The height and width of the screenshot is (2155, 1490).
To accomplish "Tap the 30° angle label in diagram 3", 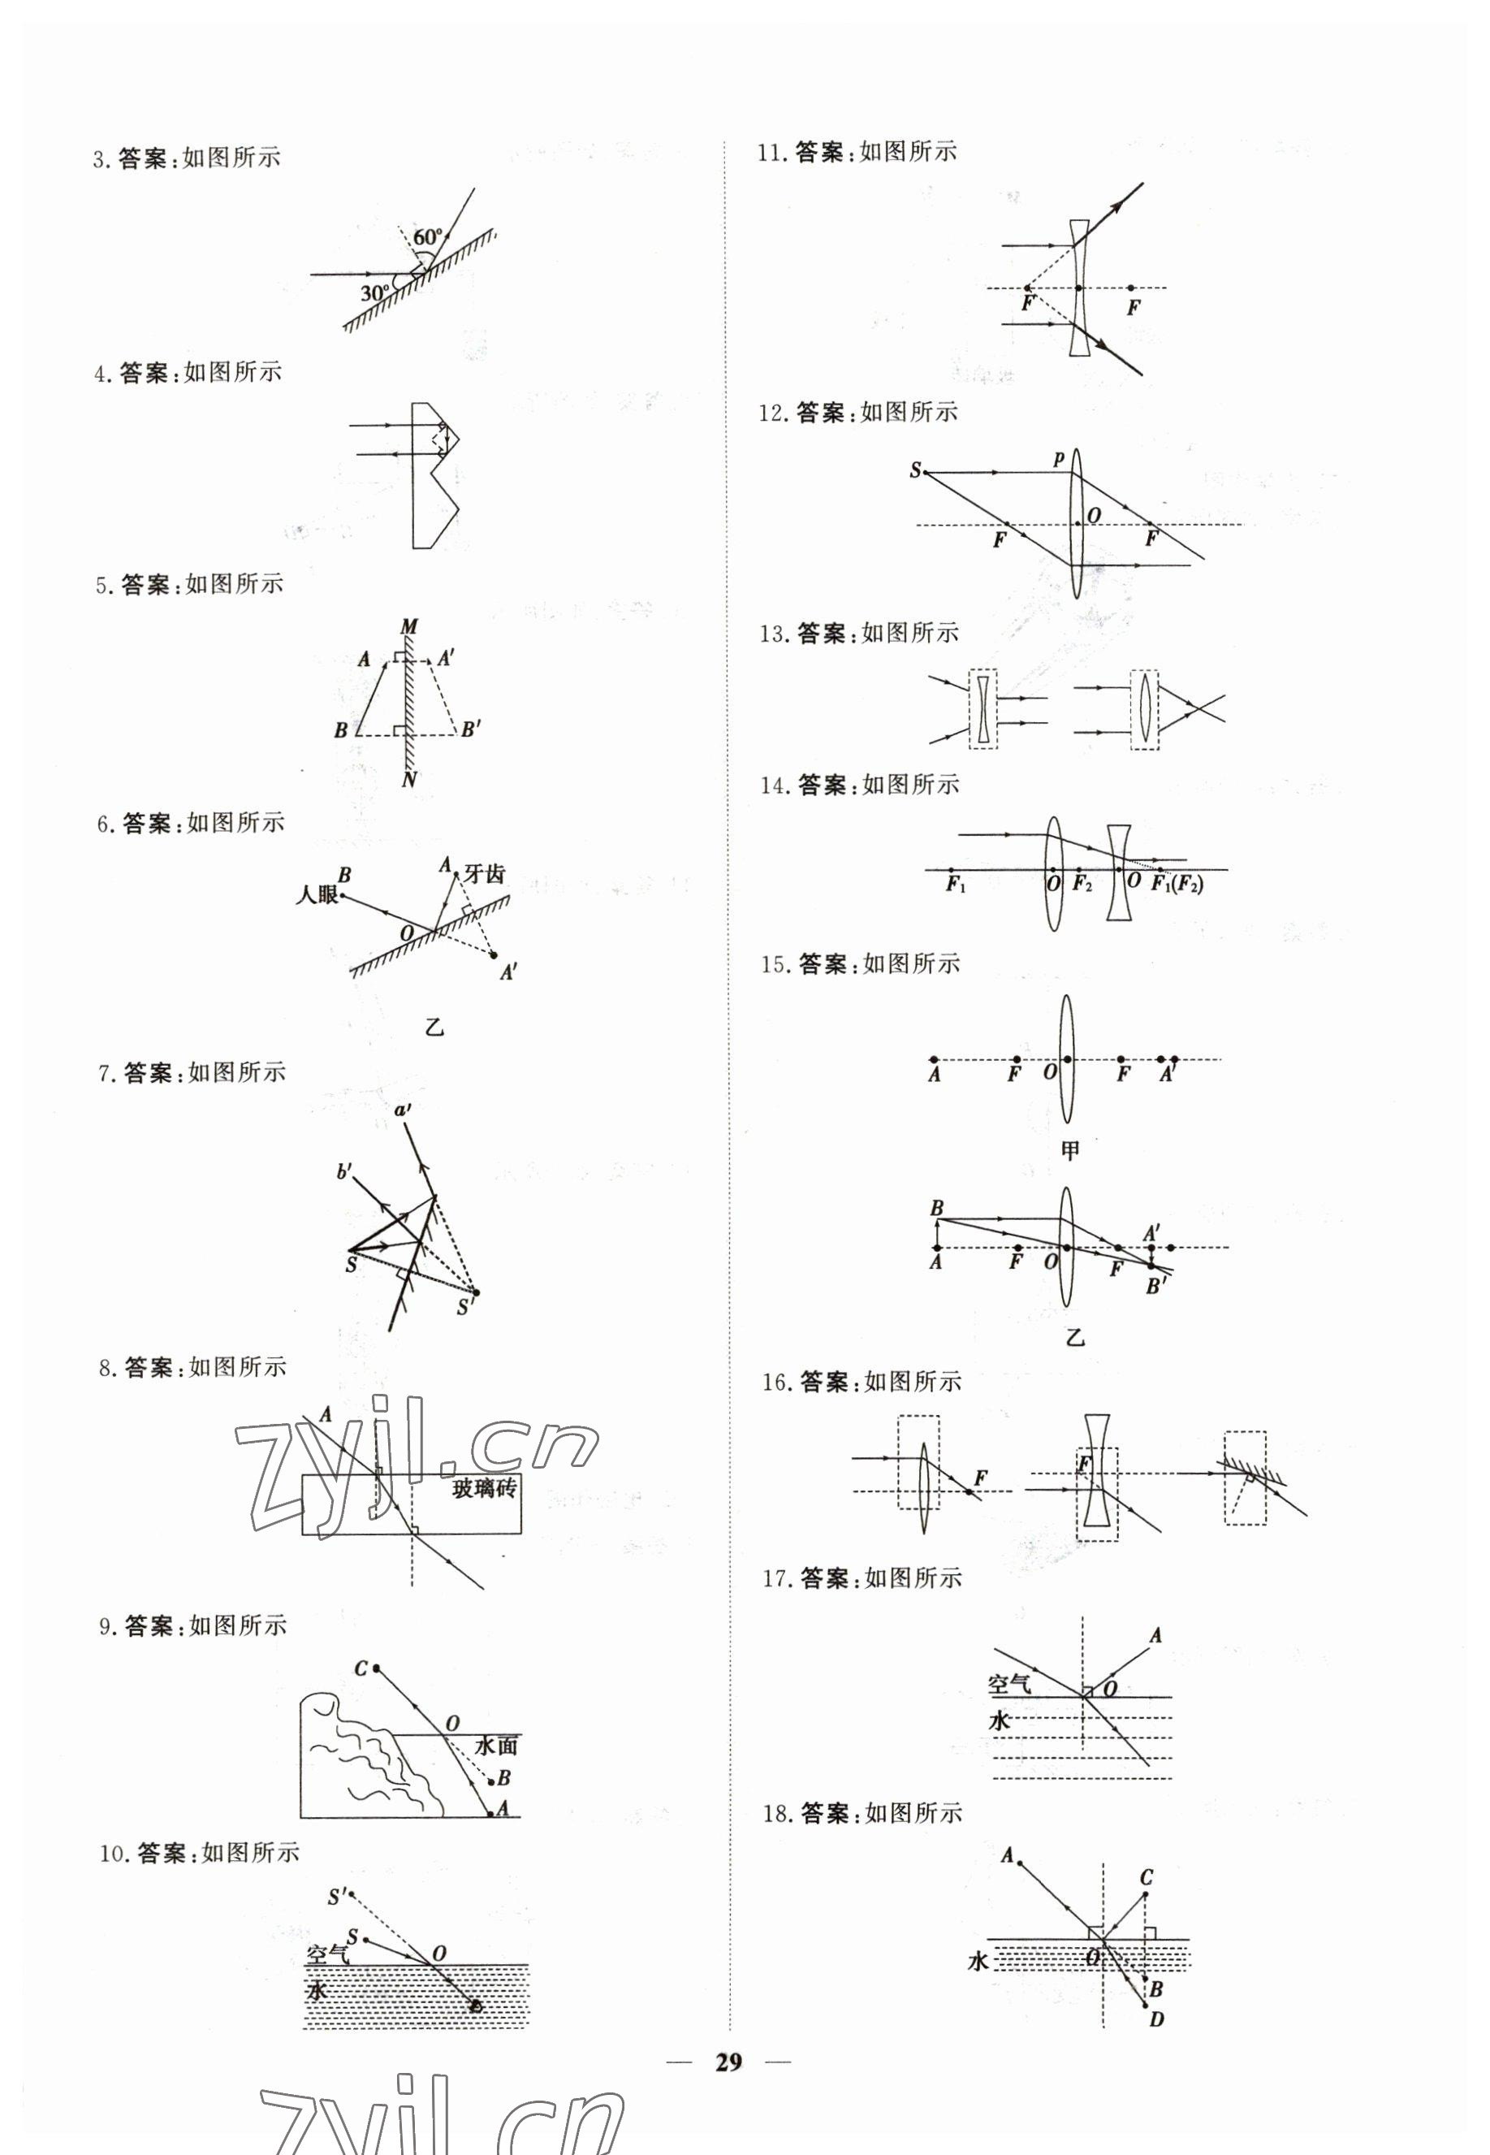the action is pyautogui.click(x=375, y=293).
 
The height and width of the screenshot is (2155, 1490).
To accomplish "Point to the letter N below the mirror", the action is pyautogui.click(x=409, y=780).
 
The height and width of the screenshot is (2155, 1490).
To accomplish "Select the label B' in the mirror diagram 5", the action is pyautogui.click(x=472, y=729).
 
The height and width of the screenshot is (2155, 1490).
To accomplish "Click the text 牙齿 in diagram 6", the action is pyautogui.click(x=485, y=873).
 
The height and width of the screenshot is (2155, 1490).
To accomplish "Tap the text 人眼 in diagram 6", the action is pyautogui.click(x=317, y=894).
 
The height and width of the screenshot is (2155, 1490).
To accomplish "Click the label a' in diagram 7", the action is pyautogui.click(x=404, y=1110).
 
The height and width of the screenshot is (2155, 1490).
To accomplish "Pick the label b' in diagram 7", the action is pyautogui.click(x=344, y=1171).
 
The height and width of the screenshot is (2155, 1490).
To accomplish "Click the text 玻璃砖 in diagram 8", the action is pyautogui.click(x=484, y=1488).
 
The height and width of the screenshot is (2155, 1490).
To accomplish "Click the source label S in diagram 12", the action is pyautogui.click(x=915, y=470).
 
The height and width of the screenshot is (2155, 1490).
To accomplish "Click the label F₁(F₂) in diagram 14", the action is pyautogui.click(x=1177, y=885).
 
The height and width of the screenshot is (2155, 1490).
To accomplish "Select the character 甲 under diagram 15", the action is pyautogui.click(x=1070, y=1150).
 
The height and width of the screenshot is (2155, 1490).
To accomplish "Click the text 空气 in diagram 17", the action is pyautogui.click(x=1009, y=1685).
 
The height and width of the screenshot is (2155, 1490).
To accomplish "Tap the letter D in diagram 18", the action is pyautogui.click(x=1157, y=2019).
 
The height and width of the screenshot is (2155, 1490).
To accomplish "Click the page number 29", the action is pyautogui.click(x=728, y=2062).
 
